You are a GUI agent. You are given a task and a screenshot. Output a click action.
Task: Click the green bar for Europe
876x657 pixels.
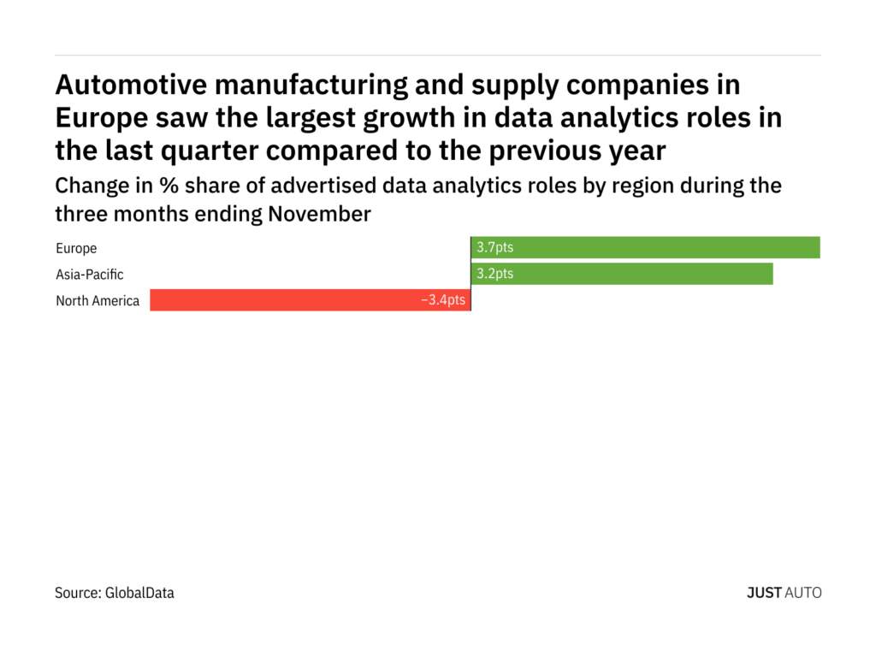pos(645,248)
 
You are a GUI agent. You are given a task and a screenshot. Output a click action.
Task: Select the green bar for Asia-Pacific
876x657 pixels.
pos(622,275)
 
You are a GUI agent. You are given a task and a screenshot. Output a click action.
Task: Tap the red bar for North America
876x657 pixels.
pos(310,300)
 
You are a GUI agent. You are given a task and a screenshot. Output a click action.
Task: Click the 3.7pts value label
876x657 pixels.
pos(495,248)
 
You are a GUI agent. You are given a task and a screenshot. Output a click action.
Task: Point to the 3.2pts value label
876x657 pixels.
pos(495,275)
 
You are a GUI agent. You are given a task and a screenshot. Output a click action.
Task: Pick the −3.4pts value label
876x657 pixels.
pos(443,300)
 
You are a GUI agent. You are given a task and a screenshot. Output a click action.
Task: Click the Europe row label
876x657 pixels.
pos(76,249)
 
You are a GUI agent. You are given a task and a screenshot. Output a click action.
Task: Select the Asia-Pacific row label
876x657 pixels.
pos(90,275)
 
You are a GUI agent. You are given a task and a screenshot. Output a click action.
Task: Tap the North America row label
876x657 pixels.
pos(98,301)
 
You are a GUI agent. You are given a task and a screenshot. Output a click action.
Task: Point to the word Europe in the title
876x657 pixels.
pos(97,118)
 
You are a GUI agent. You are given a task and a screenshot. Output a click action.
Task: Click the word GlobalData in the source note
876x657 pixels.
pos(139,592)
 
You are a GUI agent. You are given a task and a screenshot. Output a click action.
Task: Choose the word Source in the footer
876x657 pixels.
pos(77,592)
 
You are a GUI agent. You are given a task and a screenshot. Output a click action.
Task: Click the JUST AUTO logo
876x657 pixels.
pos(784,592)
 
